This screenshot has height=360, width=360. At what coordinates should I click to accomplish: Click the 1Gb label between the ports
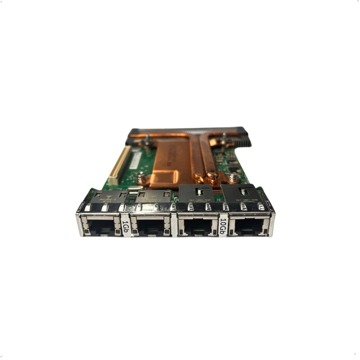(x=126, y=227)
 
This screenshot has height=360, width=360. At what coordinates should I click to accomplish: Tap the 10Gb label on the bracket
(x=222, y=227)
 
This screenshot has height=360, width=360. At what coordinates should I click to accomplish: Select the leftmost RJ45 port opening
(x=100, y=227)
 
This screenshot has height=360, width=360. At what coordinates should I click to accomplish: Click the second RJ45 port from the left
(x=150, y=227)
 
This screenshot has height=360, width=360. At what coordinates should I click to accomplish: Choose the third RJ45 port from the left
(x=198, y=227)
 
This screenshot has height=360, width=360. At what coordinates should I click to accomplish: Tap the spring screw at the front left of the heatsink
(x=141, y=177)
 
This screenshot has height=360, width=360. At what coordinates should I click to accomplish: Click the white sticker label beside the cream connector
(x=135, y=161)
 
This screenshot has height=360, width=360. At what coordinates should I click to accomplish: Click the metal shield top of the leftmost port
(x=107, y=197)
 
